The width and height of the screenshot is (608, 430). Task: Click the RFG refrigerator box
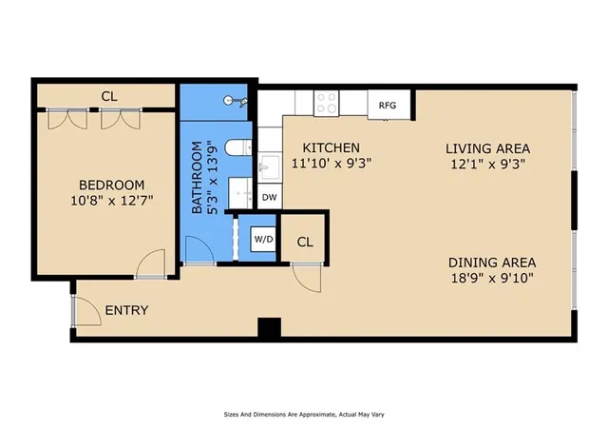(388, 105)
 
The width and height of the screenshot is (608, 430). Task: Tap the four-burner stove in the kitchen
(329, 101)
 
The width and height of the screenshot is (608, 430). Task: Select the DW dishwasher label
(269, 198)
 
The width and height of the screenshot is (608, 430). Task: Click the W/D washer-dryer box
(262, 240)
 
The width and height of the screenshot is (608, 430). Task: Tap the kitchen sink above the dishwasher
(269, 164)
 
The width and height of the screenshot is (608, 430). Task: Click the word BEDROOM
(111, 185)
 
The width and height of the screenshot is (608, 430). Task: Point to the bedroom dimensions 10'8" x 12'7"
(111, 201)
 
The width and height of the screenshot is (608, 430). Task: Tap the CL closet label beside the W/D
(305, 241)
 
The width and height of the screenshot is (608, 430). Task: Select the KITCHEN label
(331, 147)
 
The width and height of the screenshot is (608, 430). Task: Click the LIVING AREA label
(487, 147)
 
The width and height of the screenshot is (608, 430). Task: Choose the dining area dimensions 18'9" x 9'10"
(492, 278)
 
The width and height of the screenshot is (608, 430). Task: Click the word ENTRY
(126, 310)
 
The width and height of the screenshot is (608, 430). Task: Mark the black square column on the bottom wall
(271, 328)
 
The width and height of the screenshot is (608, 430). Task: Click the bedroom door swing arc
(146, 264)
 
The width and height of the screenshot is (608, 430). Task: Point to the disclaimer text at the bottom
(304, 414)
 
